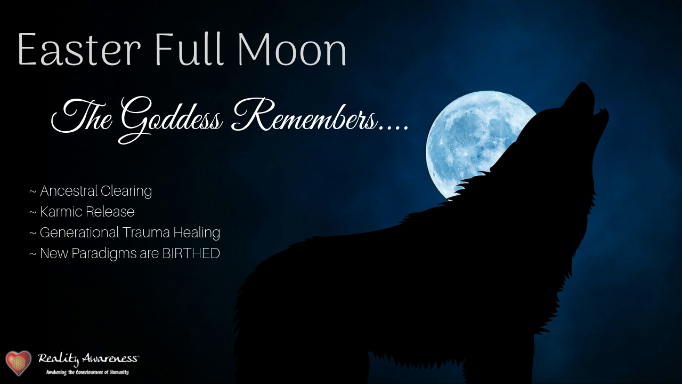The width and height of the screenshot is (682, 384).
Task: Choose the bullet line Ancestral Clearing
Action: tap(91, 191)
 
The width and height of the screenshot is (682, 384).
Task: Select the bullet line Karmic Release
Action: tap(82, 212)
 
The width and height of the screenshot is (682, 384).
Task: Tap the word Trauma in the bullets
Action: tap(146, 232)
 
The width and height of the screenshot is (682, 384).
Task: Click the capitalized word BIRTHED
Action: tap(191, 253)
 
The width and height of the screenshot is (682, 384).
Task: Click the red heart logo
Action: tap(19, 363)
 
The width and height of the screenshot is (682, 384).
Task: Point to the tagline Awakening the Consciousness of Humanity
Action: tap(87, 372)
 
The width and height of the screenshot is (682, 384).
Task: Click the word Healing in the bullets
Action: tap(197, 233)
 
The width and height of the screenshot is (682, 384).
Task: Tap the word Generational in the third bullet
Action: tap(79, 232)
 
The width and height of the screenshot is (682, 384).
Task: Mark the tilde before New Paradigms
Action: tap(33, 254)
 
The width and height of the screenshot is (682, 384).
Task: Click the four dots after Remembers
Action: tap(393, 129)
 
